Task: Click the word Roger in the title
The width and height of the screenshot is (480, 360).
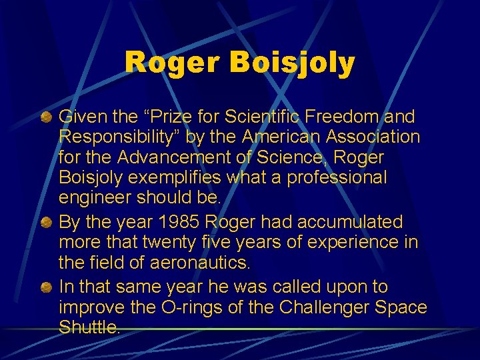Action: (x=171, y=63)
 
